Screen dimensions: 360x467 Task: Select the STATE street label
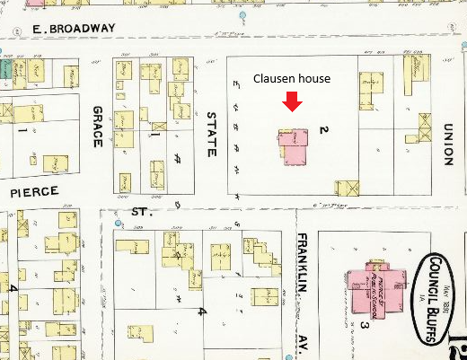(211, 133)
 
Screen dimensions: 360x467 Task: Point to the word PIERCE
(34, 192)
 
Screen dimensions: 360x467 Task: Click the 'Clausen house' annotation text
(291, 79)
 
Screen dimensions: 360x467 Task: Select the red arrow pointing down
(292, 104)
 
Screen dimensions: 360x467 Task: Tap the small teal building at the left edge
(4, 68)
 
